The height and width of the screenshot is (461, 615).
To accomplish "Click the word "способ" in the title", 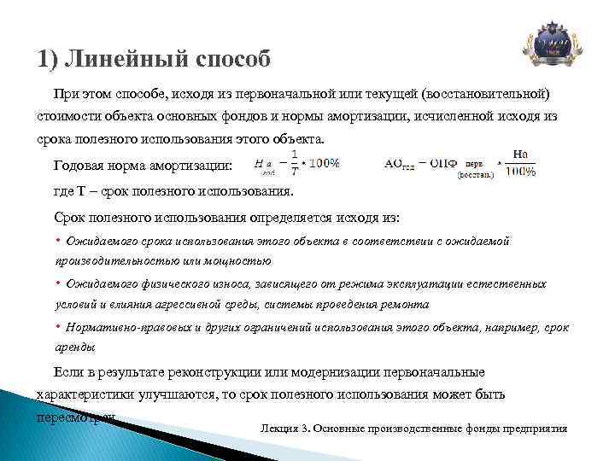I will pos(230,61).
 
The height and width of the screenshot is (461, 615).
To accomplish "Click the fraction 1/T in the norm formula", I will pos(295,161).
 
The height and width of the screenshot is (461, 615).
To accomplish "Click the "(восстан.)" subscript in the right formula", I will pos(475,174).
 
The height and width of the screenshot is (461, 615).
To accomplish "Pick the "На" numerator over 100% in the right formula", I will pos(521,153).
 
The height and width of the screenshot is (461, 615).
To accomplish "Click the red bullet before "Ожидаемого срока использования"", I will pos(58,242).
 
